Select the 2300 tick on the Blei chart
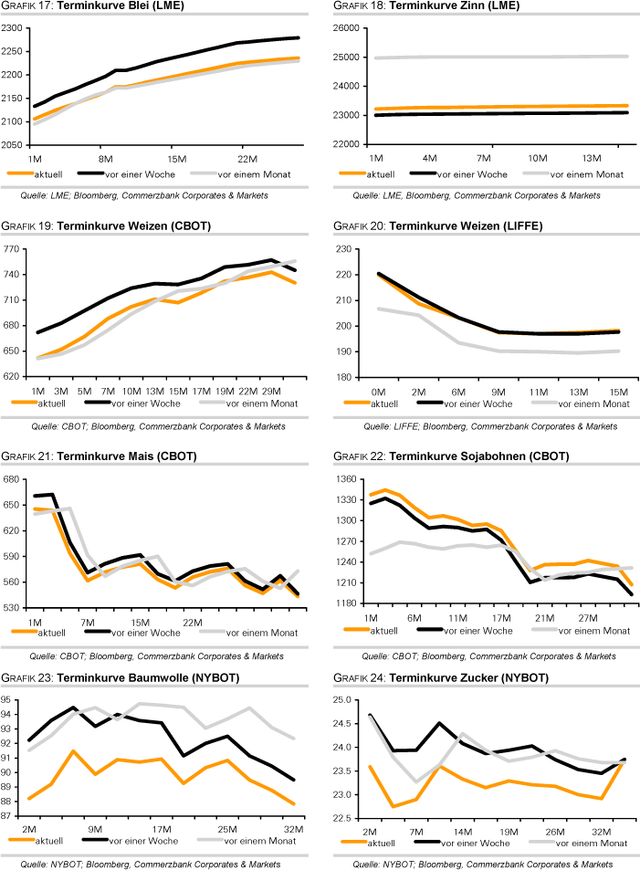13,28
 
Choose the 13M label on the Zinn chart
590,158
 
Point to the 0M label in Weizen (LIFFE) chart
377,391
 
